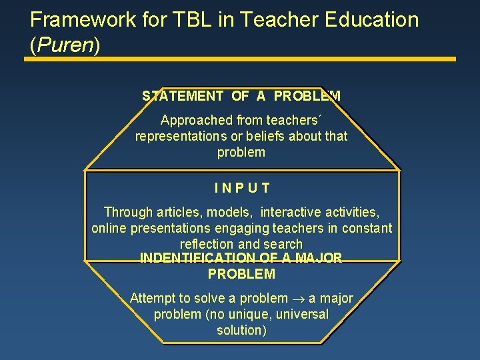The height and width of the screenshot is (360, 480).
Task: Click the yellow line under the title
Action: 240,59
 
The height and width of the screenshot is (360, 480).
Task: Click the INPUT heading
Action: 241,189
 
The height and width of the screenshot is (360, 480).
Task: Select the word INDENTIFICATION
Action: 197,258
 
